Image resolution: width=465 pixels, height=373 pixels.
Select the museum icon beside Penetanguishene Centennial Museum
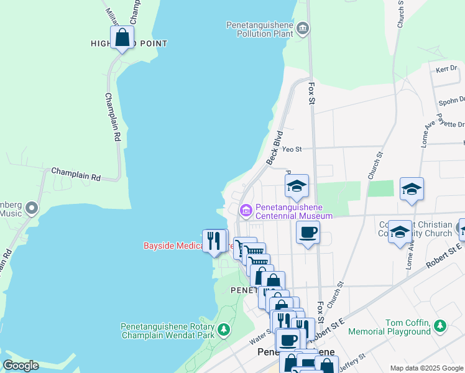click(x=246, y=211)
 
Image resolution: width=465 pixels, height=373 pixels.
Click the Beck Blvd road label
click(x=275, y=148)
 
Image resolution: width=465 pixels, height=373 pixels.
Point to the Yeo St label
click(x=292, y=149)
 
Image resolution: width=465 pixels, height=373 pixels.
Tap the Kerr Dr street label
click(x=446, y=69)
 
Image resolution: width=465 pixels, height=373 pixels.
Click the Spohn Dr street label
click(x=452, y=99)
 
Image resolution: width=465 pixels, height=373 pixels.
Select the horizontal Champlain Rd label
click(x=76, y=174)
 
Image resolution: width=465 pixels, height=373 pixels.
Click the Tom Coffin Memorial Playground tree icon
click(x=440, y=325)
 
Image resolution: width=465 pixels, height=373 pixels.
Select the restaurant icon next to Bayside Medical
click(x=215, y=241)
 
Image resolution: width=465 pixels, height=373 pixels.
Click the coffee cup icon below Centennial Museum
click(x=308, y=233)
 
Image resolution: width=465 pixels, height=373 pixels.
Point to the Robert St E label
click(x=444, y=256)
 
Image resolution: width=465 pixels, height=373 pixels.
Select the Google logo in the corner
click(x=21, y=366)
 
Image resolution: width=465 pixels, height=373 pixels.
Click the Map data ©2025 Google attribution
click(x=426, y=368)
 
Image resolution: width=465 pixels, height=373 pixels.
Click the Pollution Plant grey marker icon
click(x=303, y=27)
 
